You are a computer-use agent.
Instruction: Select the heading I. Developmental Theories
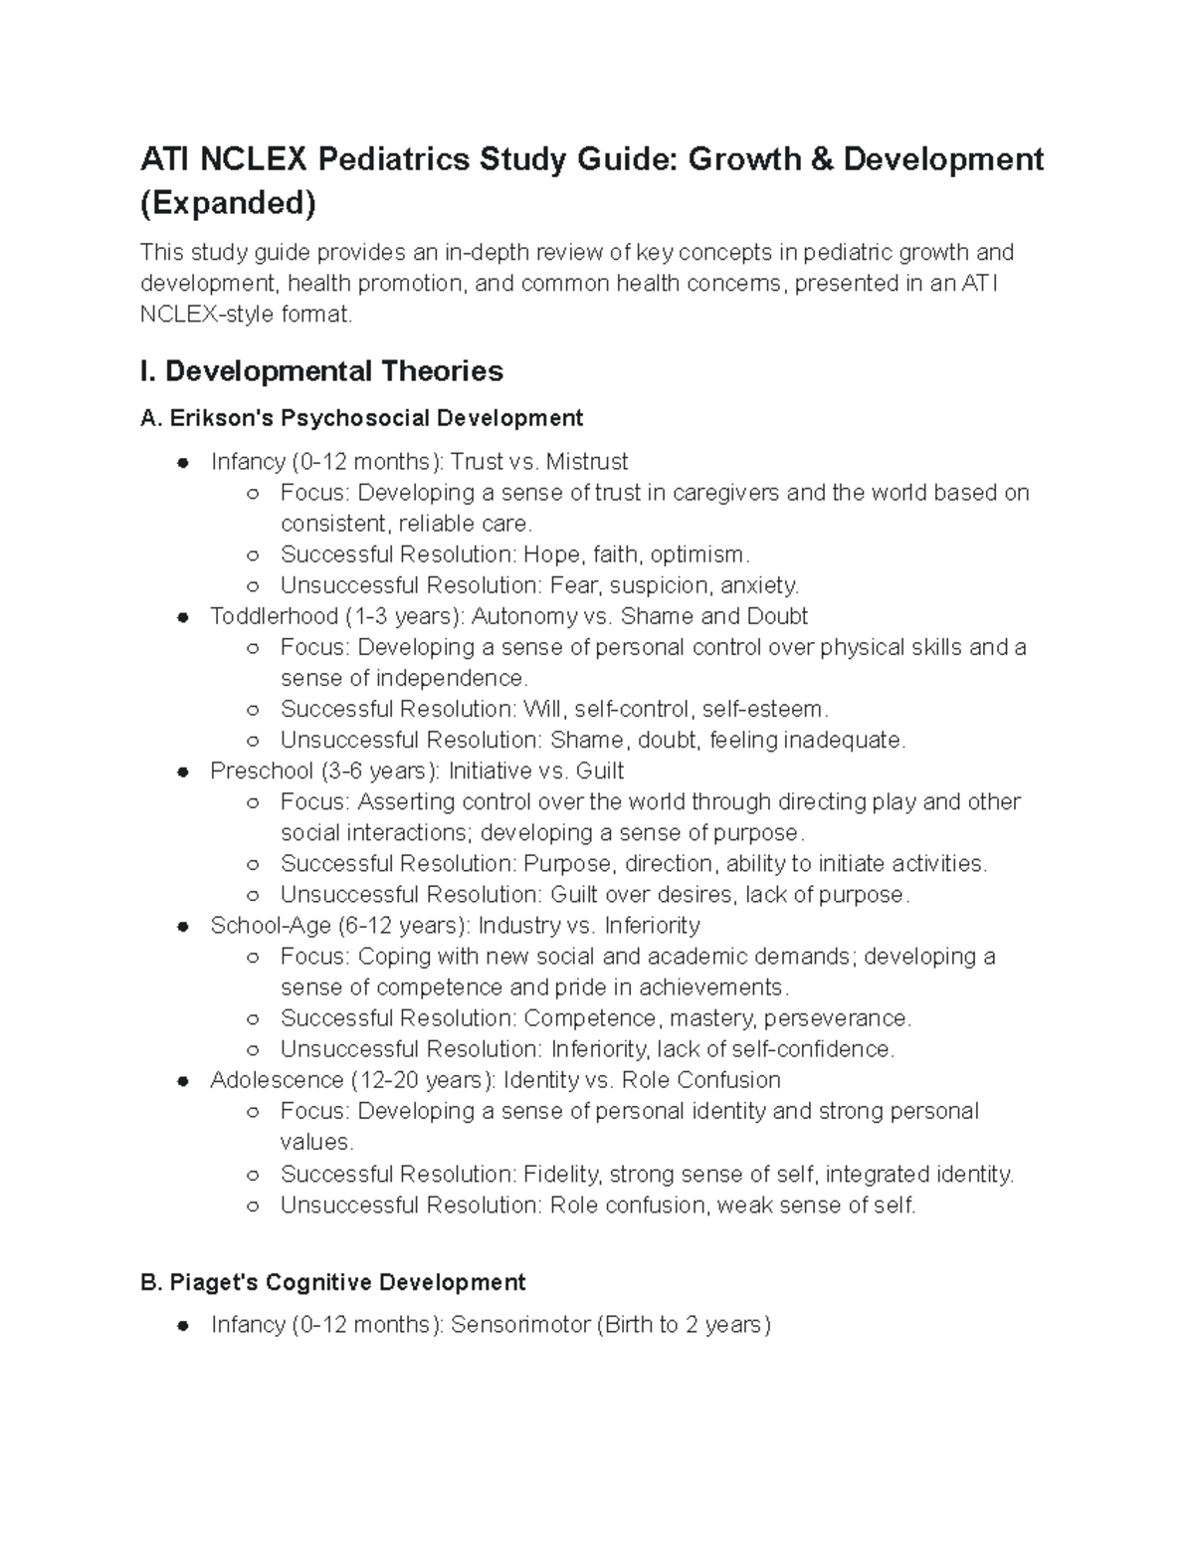pos(322,371)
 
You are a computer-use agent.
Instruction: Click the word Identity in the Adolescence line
pos(543,1080)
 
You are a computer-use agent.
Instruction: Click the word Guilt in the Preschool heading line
pos(599,771)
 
